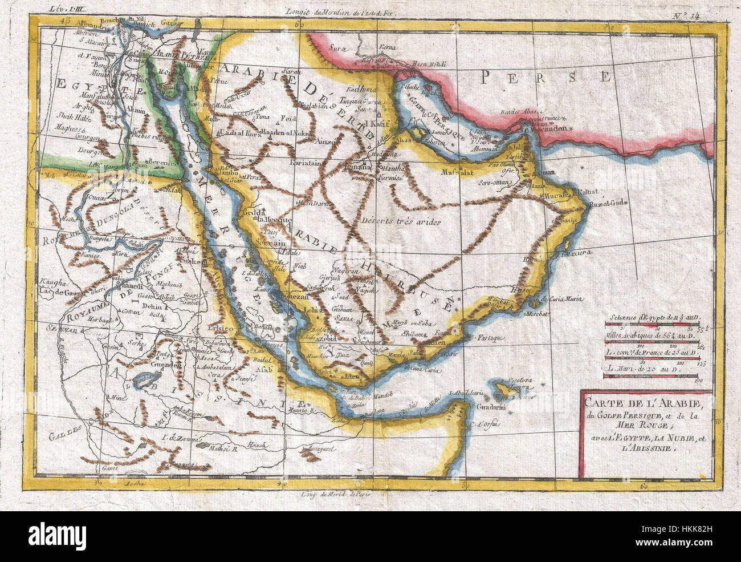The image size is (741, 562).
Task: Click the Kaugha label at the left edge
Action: [x=53, y=282]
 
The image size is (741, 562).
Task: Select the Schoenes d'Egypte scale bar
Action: [x=651, y=325]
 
